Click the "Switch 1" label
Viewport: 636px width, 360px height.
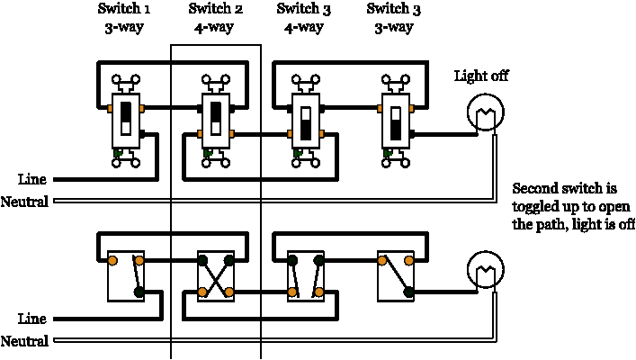click(124, 8)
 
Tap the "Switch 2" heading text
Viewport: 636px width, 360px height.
click(215, 8)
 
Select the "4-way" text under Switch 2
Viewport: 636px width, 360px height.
click(214, 28)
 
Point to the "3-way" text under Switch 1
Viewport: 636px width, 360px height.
click(124, 28)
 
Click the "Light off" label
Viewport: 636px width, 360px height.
click(481, 76)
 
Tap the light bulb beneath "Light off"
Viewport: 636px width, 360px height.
click(486, 112)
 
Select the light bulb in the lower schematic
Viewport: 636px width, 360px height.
click(486, 269)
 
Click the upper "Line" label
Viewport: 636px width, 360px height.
click(32, 179)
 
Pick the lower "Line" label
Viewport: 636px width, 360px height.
click(32, 319)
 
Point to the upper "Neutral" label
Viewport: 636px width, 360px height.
click(24, 202)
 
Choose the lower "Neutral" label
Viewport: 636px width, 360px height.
click(24, 341)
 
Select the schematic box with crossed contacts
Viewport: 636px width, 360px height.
click(216, 276)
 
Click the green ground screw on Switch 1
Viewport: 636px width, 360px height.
click(118, 153)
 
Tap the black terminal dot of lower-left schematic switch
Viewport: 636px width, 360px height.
click(139, 292)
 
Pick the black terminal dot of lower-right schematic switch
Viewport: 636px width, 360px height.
click(408, 292)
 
